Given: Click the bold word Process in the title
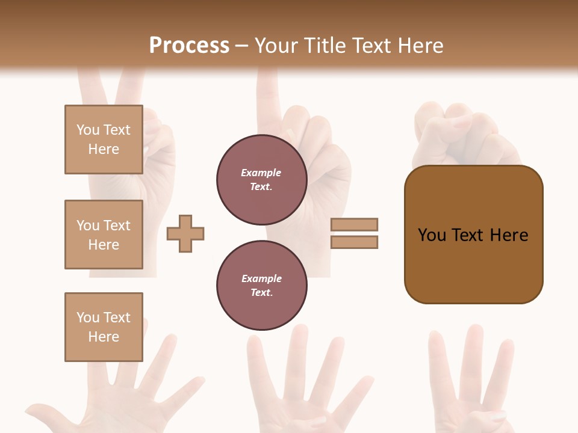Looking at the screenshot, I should tap(189, 46).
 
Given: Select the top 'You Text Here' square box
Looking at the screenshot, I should tap(104, 140).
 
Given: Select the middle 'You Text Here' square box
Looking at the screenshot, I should tap(104, 235).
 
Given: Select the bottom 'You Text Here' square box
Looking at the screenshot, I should tap(104, 327).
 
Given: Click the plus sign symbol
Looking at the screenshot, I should tap(185, 233).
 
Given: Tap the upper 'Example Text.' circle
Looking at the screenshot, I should tap(261, 180).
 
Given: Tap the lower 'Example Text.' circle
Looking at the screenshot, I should tap(261, 286).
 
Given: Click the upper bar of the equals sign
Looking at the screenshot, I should tap(354, 224).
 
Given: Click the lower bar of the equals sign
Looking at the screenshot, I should tap(354, 242).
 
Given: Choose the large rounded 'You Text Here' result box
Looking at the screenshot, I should tap(473, 265).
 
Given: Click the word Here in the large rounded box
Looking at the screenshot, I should tap(509, 235).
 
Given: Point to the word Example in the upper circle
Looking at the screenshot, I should tap(261, 173).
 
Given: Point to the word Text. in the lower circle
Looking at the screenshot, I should tap(261, 293).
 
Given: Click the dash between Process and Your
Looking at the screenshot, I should tap(241, 46).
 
